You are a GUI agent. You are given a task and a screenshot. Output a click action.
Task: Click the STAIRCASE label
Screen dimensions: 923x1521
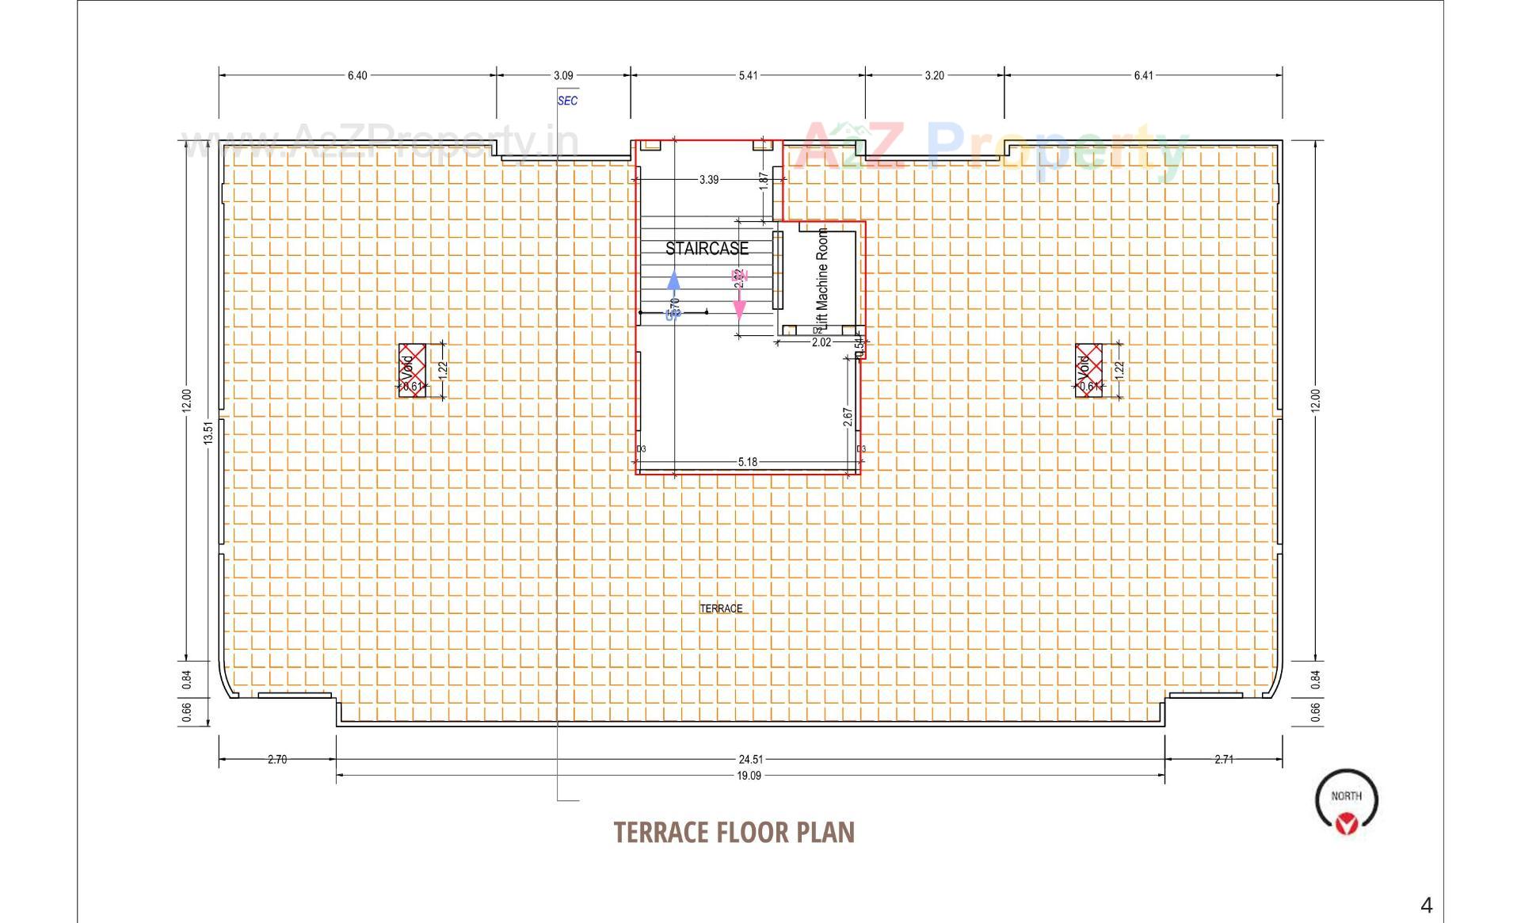707,249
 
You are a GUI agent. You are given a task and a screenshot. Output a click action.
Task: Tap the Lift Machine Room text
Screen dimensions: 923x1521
822,279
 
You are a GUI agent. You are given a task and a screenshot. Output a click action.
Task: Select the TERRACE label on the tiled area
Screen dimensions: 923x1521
721,608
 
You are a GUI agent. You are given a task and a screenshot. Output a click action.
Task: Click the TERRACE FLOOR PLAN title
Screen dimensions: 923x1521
734,832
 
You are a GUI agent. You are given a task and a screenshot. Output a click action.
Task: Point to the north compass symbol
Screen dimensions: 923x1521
1346,802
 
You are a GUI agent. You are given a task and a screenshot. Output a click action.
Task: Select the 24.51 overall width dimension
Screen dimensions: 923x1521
750,759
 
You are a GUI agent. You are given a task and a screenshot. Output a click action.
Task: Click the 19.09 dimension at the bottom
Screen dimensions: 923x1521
749,776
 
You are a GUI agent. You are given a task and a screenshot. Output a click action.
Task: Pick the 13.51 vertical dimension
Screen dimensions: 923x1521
208,432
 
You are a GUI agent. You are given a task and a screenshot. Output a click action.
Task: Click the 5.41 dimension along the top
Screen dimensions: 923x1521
748,75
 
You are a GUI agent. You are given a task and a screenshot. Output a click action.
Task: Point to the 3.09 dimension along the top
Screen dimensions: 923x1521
563,75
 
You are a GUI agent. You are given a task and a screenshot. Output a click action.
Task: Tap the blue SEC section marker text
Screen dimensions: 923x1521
567,101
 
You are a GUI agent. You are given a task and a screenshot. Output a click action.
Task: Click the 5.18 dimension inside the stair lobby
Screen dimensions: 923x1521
747,462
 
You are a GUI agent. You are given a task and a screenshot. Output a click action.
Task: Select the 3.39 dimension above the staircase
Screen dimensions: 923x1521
709,180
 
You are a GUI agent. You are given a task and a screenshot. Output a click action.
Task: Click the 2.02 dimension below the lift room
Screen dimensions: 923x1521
821,342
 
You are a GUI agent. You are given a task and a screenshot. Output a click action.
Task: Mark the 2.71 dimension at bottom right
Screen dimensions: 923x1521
1224,759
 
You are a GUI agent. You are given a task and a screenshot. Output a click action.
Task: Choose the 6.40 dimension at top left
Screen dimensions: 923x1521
357,75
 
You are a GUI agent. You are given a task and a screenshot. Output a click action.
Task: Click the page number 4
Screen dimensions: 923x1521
1427,906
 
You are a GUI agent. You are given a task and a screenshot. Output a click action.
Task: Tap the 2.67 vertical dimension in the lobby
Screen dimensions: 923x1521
848,418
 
